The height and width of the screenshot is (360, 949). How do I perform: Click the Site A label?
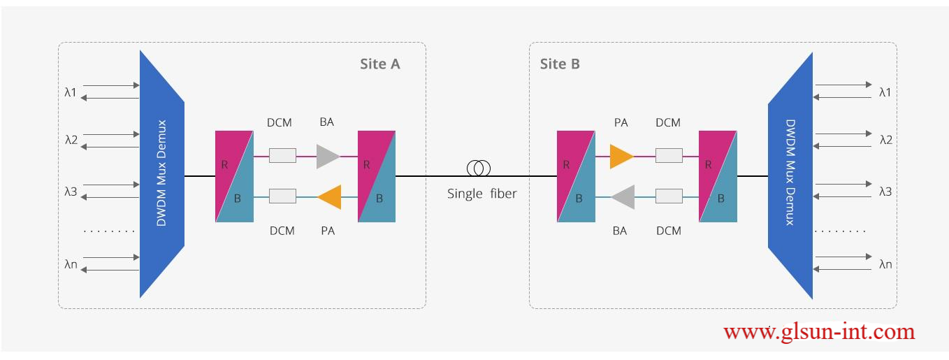click(380, 64)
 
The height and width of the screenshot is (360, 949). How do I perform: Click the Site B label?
click(560, 64)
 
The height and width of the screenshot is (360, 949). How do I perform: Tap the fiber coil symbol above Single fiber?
click(479, 168)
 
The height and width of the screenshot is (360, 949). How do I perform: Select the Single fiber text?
click(481, 194)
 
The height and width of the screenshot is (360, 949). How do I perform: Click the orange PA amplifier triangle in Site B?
click(621, 156)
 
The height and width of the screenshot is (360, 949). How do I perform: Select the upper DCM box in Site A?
click(282, 156)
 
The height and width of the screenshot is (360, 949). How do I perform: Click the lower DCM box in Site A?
click(282, 197)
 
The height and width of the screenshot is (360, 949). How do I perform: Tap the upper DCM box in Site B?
click(669, 156)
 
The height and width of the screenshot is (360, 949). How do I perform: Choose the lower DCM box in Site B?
click(669, 197)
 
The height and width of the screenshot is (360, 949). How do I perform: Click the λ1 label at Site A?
click(71, 92)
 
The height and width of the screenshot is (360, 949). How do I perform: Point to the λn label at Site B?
click(885, 264)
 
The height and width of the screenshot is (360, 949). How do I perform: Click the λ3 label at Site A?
click(71, 191)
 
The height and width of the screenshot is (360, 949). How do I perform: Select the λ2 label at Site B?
click(885, 140)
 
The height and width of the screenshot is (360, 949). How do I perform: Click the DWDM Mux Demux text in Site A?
click(162, 173)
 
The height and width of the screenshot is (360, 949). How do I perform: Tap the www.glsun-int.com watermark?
click(819, 331)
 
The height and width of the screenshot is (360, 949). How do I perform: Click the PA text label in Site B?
click(621, 122)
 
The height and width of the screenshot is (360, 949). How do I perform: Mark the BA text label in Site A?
click(326, 122)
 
